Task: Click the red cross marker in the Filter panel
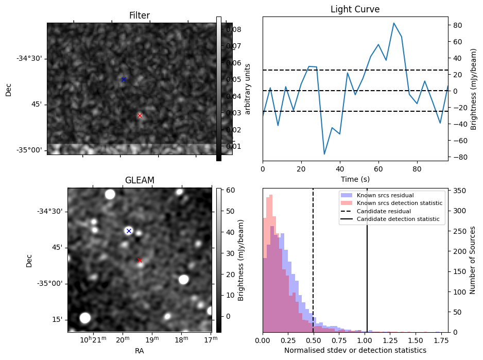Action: pyautogui.click(x=140, y=116)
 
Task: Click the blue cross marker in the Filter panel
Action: pyautogui.click(x=124, y=79)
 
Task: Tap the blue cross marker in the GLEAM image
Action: pyautogui.click(x=129, y=231)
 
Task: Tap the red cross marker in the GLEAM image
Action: pyautogui.click(x=140, y=260)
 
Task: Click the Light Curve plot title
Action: pyautogui.click(x=355, y=9)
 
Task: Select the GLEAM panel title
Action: pyautogui.click(x=140, y=180)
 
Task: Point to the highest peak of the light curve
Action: pyautogui.click(x=394, y=23)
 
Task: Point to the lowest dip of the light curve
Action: pyautogui.click(x=324, y=154)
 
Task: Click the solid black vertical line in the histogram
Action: pyautogui.click(x=367, y=268)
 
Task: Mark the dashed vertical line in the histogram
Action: pyautogui.click(x=313, y=268)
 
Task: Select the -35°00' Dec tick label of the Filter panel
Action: pyautogui.click(x=32, y=150)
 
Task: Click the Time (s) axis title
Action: pyautogui.click(x=355, y=179)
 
